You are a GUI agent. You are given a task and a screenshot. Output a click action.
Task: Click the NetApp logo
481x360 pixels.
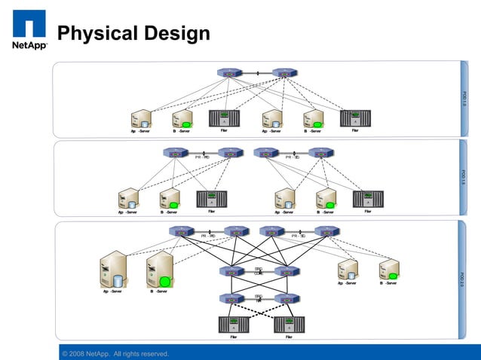tap(29, 29)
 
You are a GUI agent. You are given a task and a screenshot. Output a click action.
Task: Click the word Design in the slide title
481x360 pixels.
tap(174, 34)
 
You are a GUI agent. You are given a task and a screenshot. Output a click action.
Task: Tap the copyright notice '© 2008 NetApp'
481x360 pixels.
tap(115, 354)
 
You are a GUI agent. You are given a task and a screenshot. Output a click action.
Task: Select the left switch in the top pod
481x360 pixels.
tap(228, 73)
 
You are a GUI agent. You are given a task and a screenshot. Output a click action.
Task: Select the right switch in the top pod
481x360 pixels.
tap(284, 73)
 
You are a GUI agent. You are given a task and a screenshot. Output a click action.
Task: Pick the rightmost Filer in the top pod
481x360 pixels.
tap(355, 117)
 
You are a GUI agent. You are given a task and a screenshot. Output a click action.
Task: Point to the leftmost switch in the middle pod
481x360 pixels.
tap(175, 152)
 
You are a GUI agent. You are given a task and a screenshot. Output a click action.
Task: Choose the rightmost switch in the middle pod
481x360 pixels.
tap(320, 152)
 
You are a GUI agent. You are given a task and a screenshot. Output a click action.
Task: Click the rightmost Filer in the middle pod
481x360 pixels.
tap(368, 199)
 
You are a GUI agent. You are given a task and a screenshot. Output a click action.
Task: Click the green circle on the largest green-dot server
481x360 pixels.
tap(165, 282)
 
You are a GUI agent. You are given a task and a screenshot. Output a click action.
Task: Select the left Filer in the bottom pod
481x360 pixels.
tap(234, 325)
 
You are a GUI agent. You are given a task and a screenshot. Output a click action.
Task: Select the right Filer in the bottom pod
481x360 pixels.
tap(289, 325)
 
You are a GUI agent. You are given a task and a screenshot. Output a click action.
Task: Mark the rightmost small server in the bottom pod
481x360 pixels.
tap(389, 270)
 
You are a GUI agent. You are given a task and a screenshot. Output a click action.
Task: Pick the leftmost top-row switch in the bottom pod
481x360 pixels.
tap(181, 231)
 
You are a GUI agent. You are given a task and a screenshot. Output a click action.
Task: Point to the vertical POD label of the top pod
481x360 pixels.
tap(464, 99)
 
